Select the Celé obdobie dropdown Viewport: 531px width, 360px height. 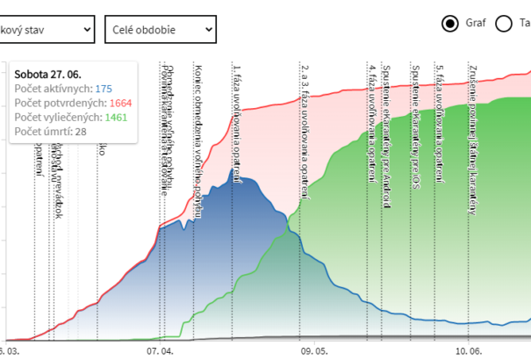[x=160, y=29]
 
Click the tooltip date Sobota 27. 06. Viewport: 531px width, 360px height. [x=48, y=74]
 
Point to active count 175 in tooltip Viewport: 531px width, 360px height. [x=104, y=89]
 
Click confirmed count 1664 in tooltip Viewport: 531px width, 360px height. [x=121, y=103]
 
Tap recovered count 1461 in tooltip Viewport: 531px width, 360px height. [x=116, y=117]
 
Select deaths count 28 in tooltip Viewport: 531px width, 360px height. [x=81, y=131]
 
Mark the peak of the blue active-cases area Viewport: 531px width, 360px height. [x=233, y=170]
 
